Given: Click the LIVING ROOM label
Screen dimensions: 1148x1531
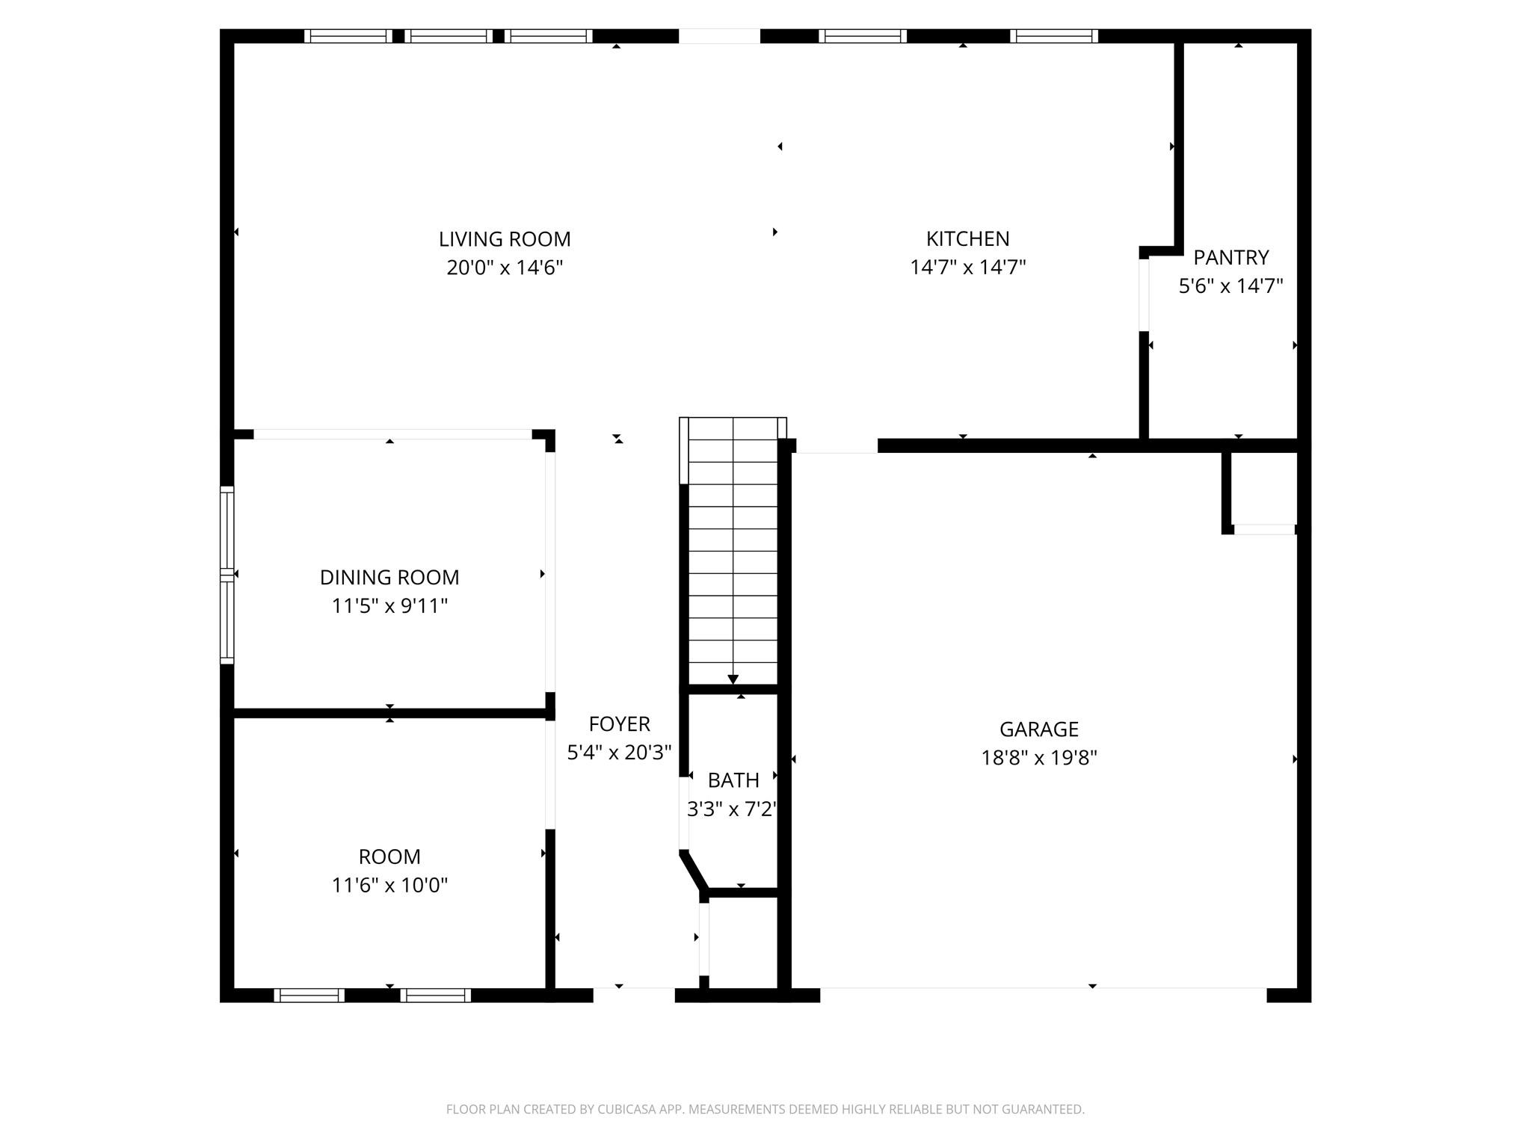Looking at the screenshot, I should tap(505, 239).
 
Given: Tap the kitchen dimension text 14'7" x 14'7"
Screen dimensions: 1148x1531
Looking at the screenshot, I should tap(967, 268).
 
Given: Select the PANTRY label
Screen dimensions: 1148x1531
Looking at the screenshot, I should tap(1230, 258).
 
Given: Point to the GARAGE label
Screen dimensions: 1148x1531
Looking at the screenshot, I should tap(1038, 729).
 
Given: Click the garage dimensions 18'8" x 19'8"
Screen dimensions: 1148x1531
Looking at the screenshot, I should tap(1038, 758).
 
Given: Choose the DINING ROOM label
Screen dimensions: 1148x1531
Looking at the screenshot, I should tap(389, 577).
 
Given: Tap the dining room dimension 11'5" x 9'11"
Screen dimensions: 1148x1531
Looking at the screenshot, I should tap(389, 605).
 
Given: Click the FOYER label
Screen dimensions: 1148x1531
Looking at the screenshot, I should tap(619, 723).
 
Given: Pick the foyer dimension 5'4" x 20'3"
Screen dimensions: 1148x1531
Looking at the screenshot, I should tap(619, 753).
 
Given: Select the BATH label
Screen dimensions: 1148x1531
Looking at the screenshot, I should tap(733, 780).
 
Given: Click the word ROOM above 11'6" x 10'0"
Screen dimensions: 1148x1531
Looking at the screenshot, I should tap(389, 857).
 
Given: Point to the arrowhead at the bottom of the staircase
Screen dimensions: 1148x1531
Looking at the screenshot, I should tap(733, 679).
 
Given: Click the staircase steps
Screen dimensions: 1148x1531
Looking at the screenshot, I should tap(733, 553).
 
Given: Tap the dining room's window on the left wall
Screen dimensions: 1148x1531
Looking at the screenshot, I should tap(227, 574).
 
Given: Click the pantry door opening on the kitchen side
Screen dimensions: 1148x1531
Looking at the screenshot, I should tap(1144, 294).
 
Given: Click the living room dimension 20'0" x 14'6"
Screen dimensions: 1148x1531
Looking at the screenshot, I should tap(505, 268).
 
